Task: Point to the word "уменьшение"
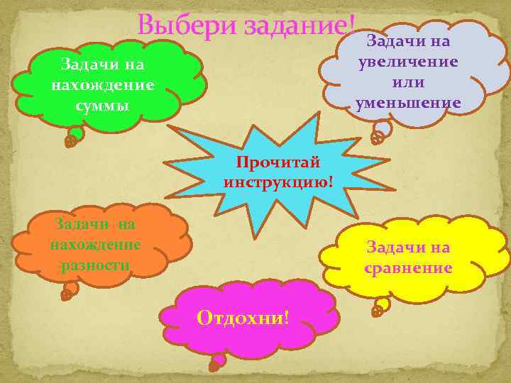408,104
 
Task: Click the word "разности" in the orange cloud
95,265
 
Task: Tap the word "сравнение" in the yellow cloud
408,268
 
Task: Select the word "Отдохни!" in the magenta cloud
243,316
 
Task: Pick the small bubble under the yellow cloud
380,306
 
